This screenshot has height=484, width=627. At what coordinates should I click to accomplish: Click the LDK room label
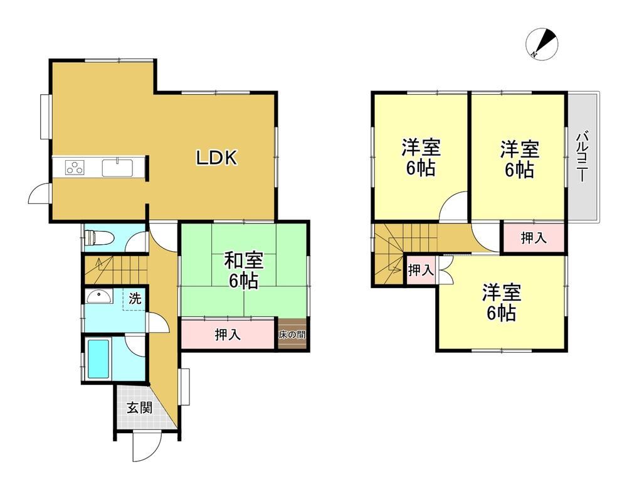[x=217, y=158]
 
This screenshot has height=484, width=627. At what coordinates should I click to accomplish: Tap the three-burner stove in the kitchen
[x=75, y=168]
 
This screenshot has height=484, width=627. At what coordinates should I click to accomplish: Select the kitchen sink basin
[x=118, y=168]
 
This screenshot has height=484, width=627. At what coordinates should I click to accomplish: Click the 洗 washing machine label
[x=135, y=298]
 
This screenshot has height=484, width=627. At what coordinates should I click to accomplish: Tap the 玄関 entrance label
[x=140, y=408]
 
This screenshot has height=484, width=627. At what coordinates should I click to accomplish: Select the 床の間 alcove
[x=292, y=335]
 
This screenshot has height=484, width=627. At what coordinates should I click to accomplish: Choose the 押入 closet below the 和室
[x=228, y=334]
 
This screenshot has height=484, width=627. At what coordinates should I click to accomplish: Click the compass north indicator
[x=542, y=44]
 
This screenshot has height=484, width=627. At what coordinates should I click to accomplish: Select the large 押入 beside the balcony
[x=534, y=238]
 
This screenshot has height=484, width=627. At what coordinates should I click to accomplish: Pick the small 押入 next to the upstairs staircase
[x=421, y=271]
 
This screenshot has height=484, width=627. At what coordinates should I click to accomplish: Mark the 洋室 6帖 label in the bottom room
[x=502, y=303]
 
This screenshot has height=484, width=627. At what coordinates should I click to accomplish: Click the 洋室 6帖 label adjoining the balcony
[x=519, y=159]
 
